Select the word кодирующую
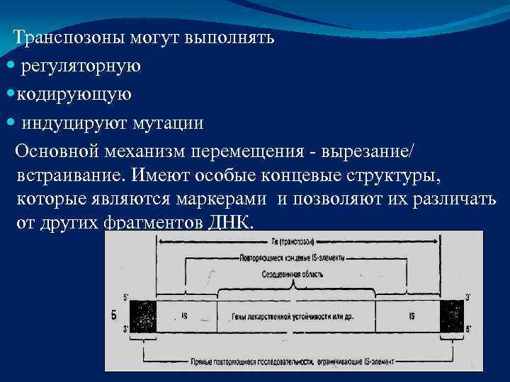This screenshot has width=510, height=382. click(74, 95)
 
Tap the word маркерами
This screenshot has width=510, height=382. click(229, 198)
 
